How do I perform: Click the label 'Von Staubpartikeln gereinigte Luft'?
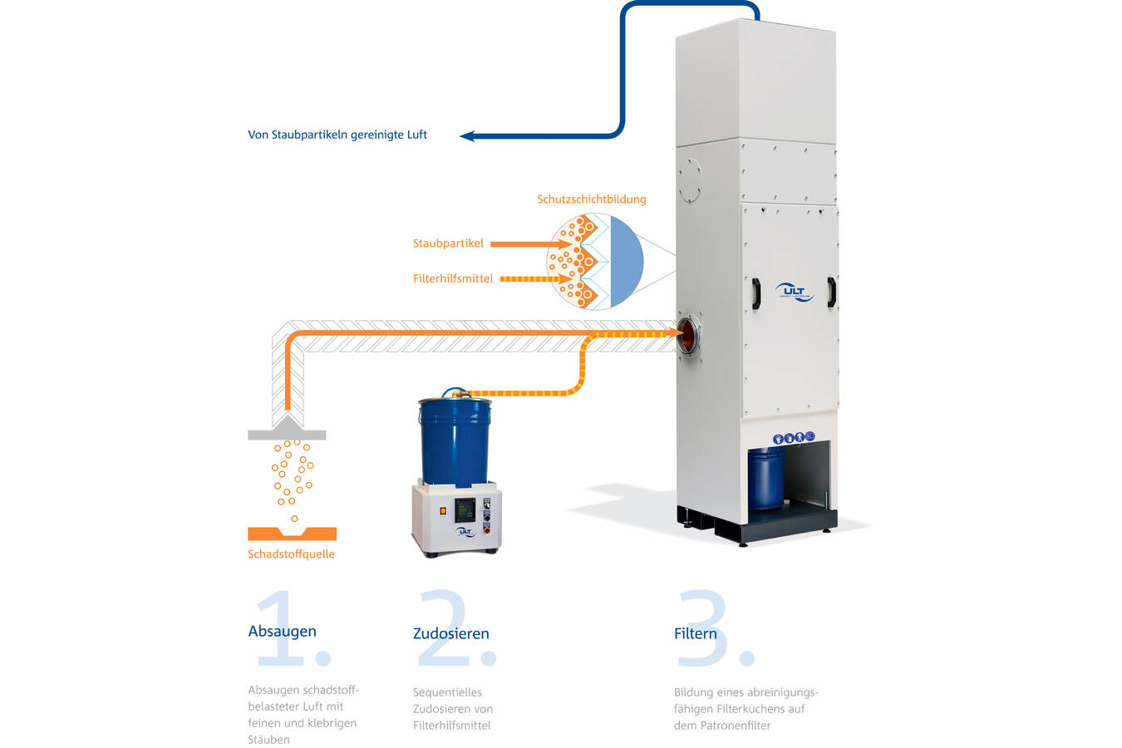click(x=337, y=135)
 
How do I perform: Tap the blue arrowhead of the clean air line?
click(x=467, y=135)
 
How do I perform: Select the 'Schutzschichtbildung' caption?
click(x=591, y=199)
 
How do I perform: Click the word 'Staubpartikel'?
click(x=448, y=244)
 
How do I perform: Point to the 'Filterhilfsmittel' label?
click(x=453, y=278)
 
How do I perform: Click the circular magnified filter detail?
click(x=594, y=261)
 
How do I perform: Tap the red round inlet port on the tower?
click(x=688, y=334)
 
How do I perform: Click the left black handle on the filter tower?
click(x=755, y=293)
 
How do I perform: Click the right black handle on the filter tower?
click(x=830, y=293)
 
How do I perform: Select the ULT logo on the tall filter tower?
click(x=794, y=292)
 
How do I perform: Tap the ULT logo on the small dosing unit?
click(x=464, y=531)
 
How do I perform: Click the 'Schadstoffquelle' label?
click(x=291, y=554)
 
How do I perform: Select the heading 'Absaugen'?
click(x=282, y=631)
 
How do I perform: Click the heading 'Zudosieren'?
click(x=450, y=633)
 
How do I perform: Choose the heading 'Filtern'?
click(x=695, y=633)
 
